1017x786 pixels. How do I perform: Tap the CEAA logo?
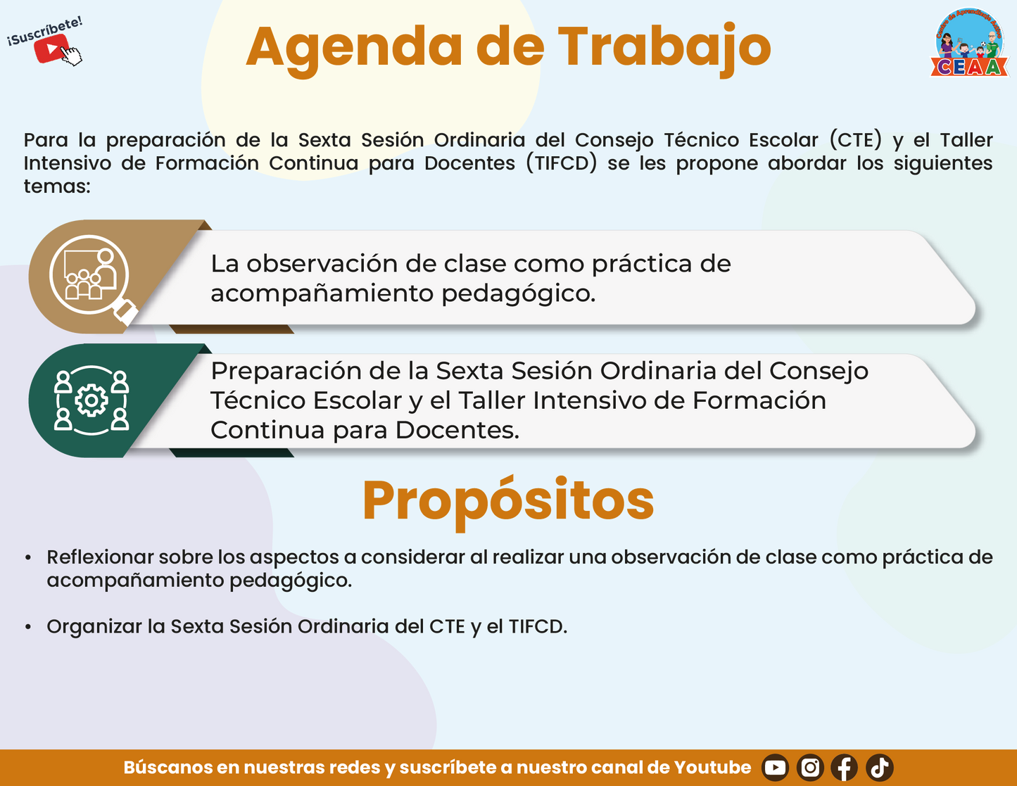969,42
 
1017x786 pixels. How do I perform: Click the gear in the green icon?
91,400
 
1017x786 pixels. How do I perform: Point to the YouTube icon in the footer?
775,768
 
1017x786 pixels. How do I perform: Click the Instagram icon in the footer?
810,768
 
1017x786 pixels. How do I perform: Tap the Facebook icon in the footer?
845,768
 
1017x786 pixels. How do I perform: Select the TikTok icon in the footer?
879,768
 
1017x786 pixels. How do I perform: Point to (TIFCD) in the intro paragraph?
561,163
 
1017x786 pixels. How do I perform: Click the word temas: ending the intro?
57,186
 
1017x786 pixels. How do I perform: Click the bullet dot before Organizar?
28,627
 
